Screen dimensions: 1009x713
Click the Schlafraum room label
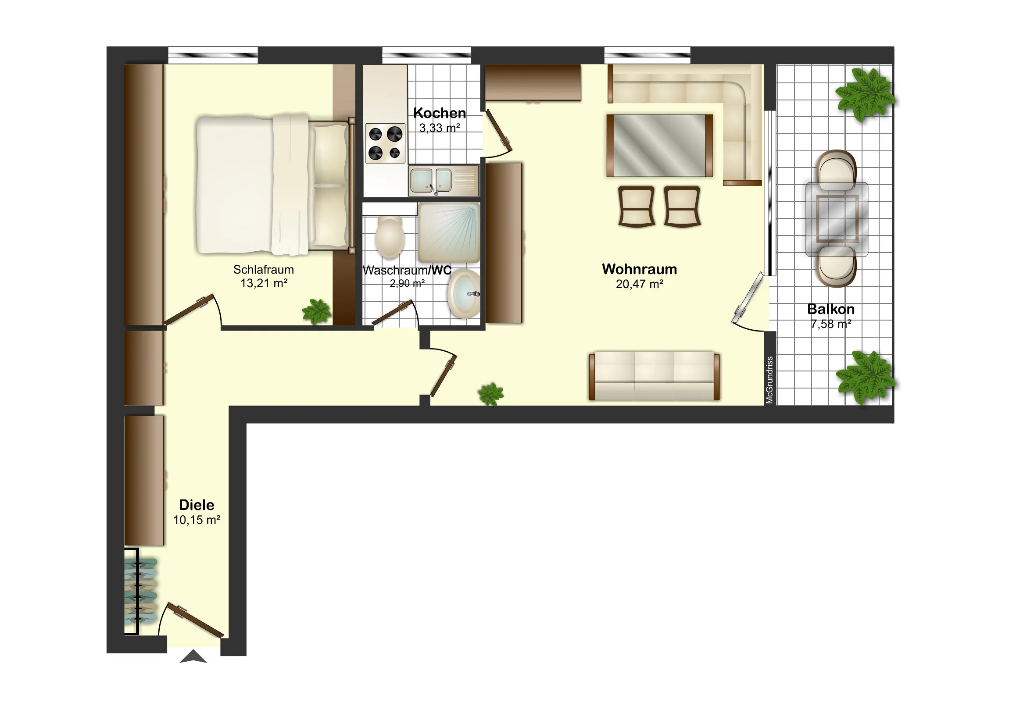tap(263, 269)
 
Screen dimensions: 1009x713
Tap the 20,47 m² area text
tap(640, 284)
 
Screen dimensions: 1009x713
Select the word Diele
tap(197, 505)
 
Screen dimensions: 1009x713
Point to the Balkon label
tap(830, 309)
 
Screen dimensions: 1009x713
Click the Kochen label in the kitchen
tap(440, 113)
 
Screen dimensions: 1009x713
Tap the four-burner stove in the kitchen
tap(385, 143)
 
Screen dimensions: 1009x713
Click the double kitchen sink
tap(444, 181)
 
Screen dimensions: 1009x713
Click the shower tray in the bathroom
tap(448, 233)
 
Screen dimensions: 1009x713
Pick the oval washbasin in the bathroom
tap(464, 294)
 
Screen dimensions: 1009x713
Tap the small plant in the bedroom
tap(316, 311)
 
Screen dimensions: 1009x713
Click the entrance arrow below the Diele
tap(193, 657)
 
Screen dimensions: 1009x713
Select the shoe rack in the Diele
tap(140, 591)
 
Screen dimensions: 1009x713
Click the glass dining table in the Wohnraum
tap(659, 146)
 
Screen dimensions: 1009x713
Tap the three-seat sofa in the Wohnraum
tap(655, 376)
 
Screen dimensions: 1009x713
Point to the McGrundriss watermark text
tap(769, 380)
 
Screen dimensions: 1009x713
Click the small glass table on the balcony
tap(837, 219)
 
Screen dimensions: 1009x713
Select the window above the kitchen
tap(426, 55)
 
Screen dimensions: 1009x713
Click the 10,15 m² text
tap(197, 520)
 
